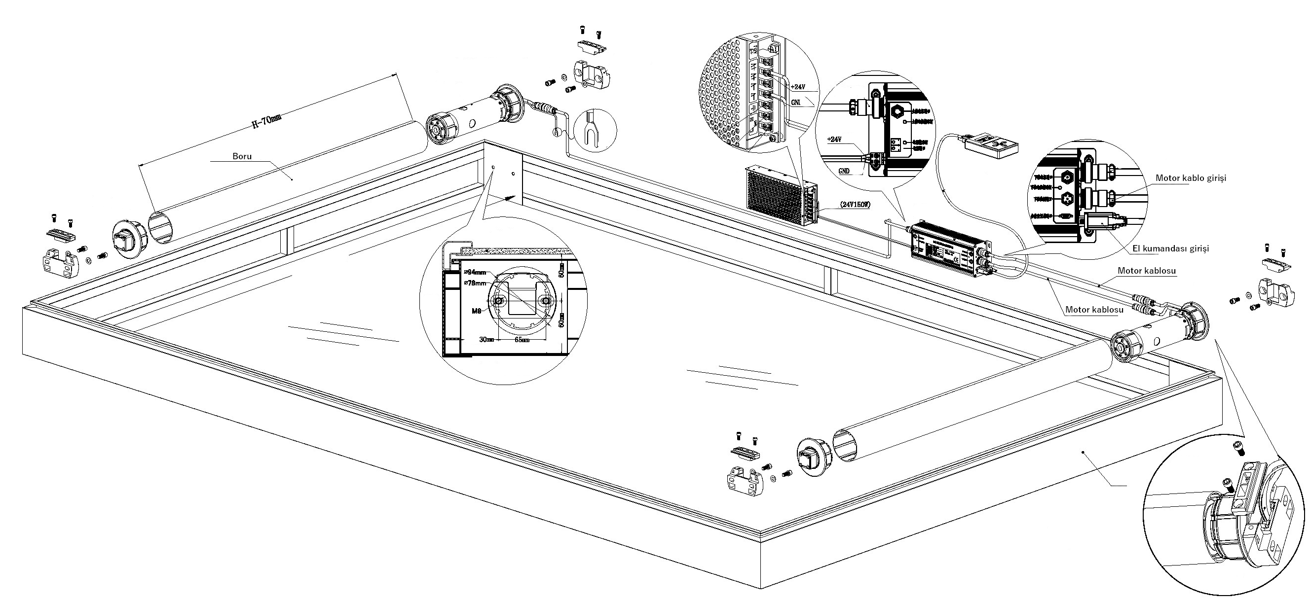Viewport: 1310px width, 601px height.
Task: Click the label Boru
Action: pos(242,156)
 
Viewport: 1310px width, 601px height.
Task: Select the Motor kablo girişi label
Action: pos(1191,178)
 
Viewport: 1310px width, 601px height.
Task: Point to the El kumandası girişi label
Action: pos(1170,248)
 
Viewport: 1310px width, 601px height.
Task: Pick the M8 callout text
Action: pos(477,311)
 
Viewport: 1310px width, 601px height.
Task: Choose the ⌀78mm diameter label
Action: pos(475,283)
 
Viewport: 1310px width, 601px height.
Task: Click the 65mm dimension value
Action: pos(522,339)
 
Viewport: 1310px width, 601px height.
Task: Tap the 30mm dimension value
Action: pos(487,339)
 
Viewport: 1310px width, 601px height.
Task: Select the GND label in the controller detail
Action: pos(844,171)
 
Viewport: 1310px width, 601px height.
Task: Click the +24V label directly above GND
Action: pos(834,139)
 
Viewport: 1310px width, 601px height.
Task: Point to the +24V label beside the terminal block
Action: pos(798,87)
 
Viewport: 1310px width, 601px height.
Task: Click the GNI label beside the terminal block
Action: pos(797,103)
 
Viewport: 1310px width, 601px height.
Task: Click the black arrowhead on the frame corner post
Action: pos(511,198)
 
